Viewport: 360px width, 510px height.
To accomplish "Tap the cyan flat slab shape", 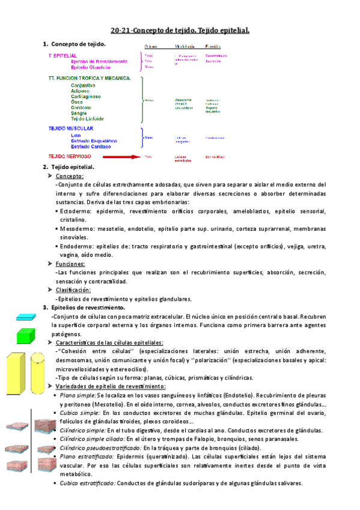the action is click(x=27, y=317).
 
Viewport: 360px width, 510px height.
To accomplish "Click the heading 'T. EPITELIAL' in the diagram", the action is click(x=63, y=55).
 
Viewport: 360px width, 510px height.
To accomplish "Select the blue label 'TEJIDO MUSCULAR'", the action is click(x=71, y=129).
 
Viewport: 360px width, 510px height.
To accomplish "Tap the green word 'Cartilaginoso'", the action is click(x=86, y=96).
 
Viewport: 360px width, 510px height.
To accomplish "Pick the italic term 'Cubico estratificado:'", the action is click(x=87, y=483).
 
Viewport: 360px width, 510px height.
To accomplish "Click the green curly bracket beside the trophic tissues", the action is click(x=142, y=99).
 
